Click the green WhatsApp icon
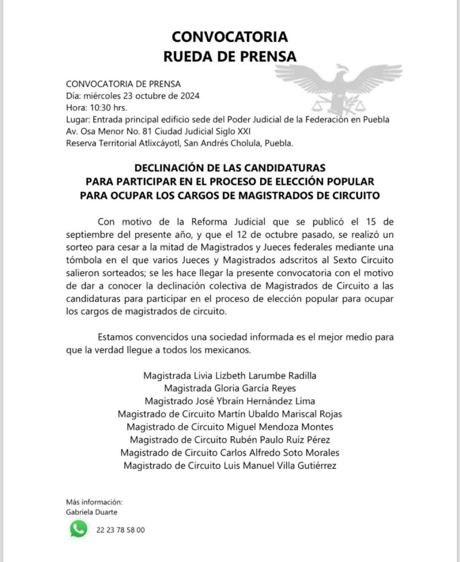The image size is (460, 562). pyautogui.click(x=78, y=529)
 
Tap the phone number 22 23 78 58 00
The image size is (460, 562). pyautogui.click(x=120, y=530)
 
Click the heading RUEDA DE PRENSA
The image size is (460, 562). pyautogui.click(x=229, y=56)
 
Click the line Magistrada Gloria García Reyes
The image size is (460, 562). pyautogui.click(x=229, y=388)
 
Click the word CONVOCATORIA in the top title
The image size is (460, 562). pyautogui.click(x=229, y=37)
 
